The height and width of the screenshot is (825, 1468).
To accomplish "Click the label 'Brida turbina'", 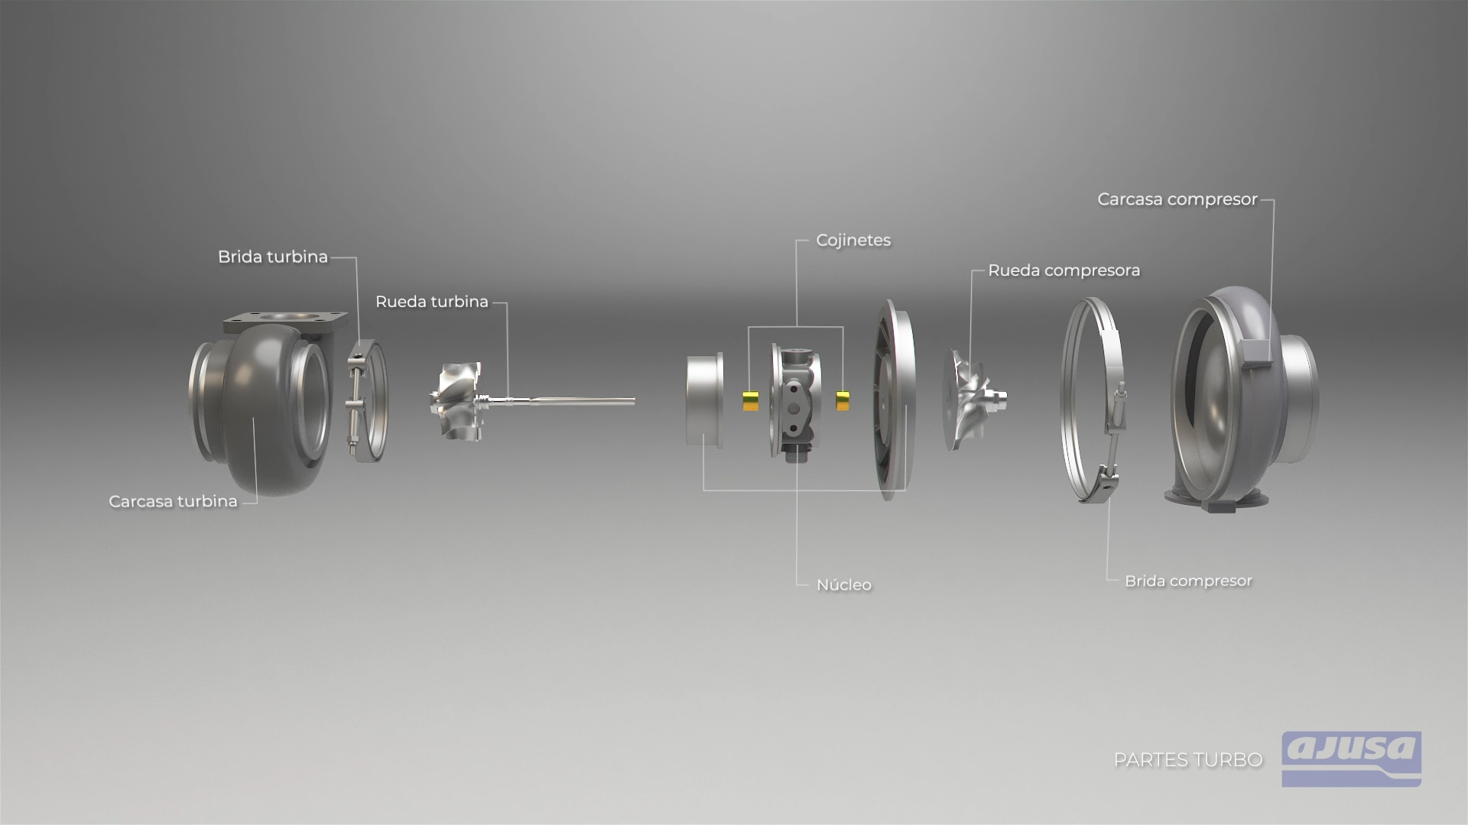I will click(272, 257).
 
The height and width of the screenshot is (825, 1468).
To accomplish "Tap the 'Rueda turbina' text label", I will click(431, 302).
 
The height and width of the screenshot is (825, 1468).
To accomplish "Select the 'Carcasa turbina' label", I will click(173, 502).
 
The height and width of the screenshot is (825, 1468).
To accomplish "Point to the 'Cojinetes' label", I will click(853, 241).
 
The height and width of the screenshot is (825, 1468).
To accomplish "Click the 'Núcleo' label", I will click(843, 585).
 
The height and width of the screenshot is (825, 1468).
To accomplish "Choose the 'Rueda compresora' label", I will click(1064, 270).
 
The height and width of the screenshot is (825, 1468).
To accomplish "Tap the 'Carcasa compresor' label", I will click(1177, 199).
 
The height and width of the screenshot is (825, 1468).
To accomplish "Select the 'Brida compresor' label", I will click(1188, 581).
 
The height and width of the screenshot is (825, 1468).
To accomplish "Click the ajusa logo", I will click(1351, 758).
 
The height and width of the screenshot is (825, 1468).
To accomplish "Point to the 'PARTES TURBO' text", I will click(1187, 760).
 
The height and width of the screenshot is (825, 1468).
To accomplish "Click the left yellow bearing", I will click(750, 400).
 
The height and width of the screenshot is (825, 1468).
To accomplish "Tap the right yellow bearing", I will click(843, 400).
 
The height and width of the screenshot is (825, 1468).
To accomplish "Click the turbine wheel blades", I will click(456, 401).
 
